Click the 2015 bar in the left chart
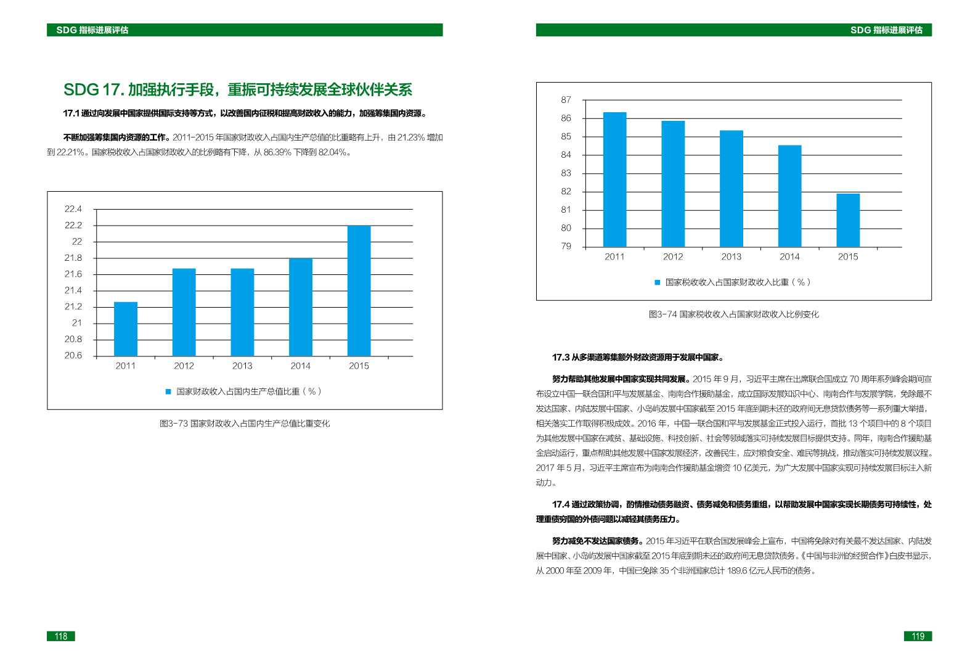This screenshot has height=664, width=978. point(359,290)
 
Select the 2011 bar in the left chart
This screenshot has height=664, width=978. point(126,329)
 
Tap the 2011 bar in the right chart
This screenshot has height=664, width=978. point(614,179)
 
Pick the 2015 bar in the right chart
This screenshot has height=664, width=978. point(848,220)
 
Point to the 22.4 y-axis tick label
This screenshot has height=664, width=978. point(73,209)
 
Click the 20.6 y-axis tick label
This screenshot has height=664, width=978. point(73,356)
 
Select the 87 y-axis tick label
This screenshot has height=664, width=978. point(566,100)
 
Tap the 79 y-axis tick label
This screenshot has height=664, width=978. point(566,247)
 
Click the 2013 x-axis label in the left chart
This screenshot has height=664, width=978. point(242,366)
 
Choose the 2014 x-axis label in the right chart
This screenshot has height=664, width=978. point(789,257)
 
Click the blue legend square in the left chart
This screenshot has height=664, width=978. point(168,391)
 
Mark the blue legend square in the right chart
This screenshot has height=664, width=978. point(658,282)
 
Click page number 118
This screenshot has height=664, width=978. point(61,636)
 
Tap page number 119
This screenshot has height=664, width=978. point(918,636)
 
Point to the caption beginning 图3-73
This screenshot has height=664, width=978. point(245,424)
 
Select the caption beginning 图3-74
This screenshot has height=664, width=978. point(733,314)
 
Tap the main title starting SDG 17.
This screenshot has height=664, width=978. point(238,90)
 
